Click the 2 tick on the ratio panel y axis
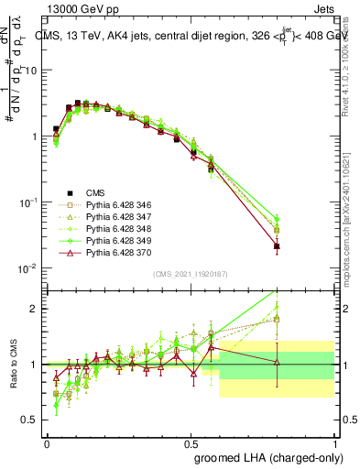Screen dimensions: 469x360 pos(37,309)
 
